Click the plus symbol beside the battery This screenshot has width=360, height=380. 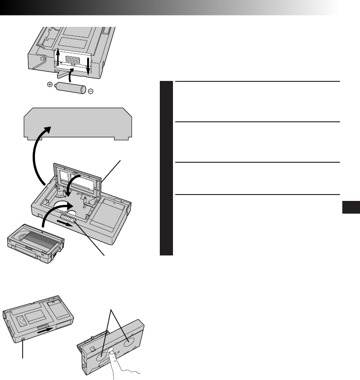click(49, 85)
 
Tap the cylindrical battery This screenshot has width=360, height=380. click(69, 88)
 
